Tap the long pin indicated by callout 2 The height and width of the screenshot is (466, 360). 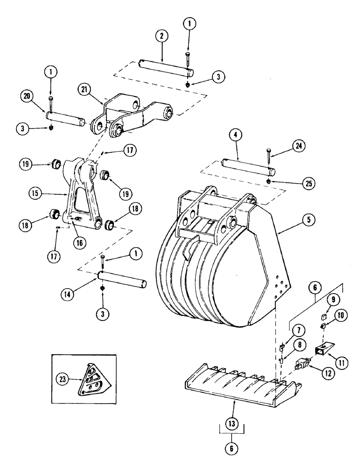166,66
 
